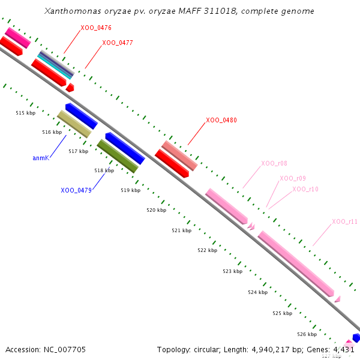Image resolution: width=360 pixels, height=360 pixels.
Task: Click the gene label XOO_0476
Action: pyautogui.click(x=96, y=28)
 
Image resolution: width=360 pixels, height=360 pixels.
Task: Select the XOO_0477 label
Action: pyautogui.click(x=118, y=43)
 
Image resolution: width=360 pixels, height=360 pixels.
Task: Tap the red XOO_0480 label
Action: pyautogui.click(x=221, y=120)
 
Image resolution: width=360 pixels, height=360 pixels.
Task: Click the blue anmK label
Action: pyautogui.click(x=40, y=158)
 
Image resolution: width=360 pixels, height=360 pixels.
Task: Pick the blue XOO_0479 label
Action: pyautogui.click(x=76, y=190)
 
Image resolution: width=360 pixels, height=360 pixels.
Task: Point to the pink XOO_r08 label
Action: pyautogui.click(x=274, y=163)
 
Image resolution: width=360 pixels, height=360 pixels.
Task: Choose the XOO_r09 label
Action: pyautogui.click(x=293, y=178)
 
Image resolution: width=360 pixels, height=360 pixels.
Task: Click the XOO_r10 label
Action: pyautogui.click(x=305, y=189)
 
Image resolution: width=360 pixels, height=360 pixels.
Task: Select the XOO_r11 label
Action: pyautogui.click(x=345, y=221)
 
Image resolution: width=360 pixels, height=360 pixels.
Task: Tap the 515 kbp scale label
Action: pyautogui.click(x=26, y=113)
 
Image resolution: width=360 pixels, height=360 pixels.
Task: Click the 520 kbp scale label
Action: pyautogui.click(x=157, y=210)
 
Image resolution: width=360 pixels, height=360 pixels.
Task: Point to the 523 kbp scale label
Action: pyautogui.click(x=232, y=271)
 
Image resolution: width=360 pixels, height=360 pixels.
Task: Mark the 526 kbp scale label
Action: pyautogui.click(x=307, y=334)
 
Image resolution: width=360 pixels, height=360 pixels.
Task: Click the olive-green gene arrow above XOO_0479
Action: pyautogui.click(x=118, y=156)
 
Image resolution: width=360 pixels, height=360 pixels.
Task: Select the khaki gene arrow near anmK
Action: pyautogui.click(x=74, y=124)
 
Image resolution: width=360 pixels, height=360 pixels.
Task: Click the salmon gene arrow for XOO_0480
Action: pyautogui.click(x=179, y=155)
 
